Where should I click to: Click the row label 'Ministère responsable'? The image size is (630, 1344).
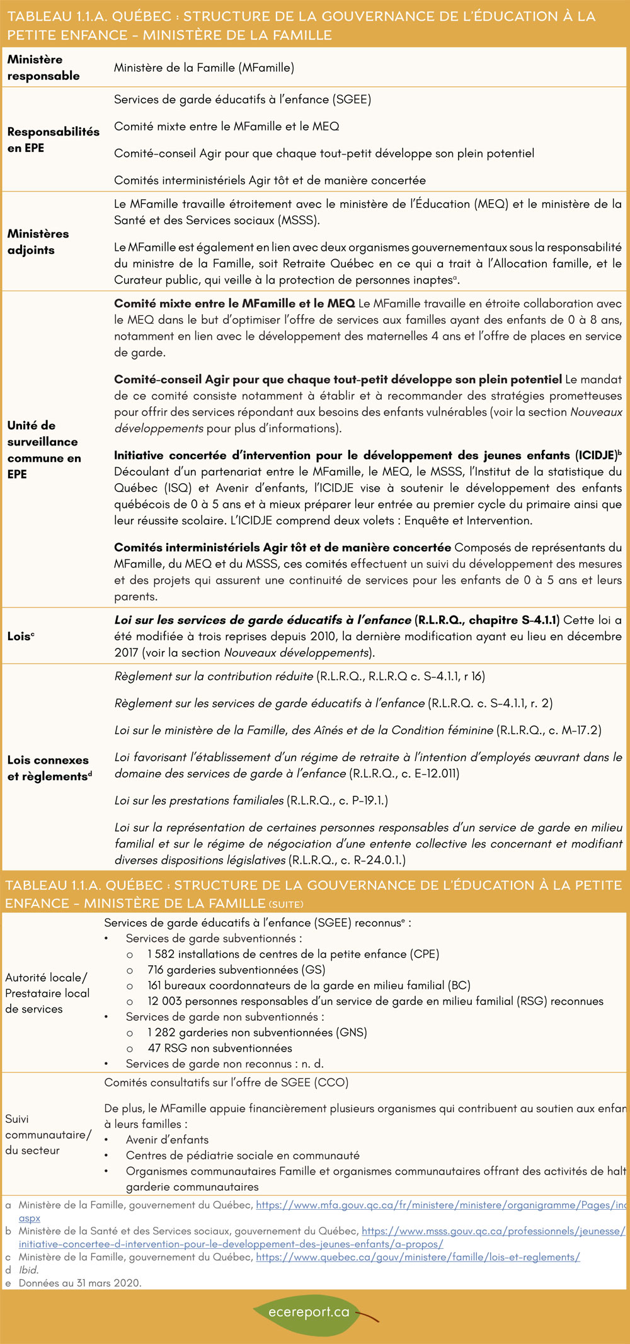click(43, 67)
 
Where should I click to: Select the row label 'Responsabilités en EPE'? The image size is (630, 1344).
click(53, 139)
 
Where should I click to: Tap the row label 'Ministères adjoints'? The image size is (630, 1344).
click(38, 241)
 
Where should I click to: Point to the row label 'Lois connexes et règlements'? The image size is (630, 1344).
click(49, 767)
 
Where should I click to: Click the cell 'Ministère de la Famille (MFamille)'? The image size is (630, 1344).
click(203, 67)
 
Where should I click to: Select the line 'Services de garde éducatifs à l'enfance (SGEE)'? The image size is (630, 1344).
click(242, 100)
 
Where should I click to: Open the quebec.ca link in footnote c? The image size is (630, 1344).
click(418, 1256)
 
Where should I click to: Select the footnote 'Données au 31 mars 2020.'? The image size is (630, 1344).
click(80, 1282)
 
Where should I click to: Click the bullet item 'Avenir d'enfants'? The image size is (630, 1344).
click(167, 1139)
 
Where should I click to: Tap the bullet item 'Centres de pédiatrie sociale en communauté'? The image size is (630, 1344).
click(242, 1155)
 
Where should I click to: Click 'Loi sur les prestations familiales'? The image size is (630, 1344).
click(199, 800)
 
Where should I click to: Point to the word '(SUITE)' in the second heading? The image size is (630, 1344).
click(285, 904)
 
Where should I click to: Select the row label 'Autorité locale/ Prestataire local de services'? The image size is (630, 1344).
click(47, 993)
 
